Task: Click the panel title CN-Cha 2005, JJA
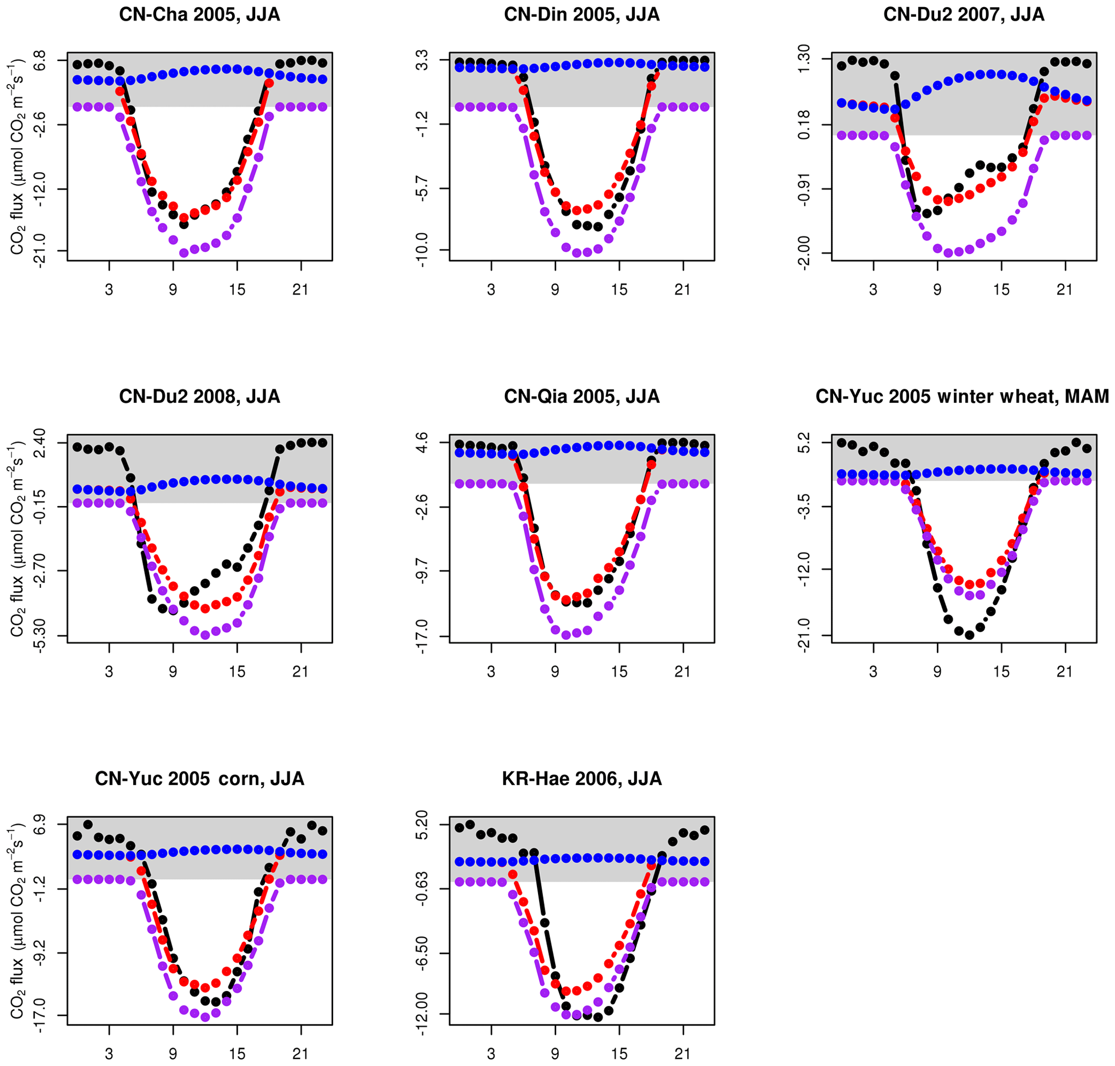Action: pos(199,15)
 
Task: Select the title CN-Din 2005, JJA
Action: pos(582,15)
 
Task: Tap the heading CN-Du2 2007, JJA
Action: pos(964,15)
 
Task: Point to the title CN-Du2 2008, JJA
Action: pos(199,397)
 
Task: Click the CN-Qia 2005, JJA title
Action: pos(582,397)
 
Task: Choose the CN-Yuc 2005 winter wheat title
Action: pos(962,397)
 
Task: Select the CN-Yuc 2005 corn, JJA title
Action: pos(199,779)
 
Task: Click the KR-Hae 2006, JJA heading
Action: pos(582,779)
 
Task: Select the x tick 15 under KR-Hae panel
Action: pos(619,1053)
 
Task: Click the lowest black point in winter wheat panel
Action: pos(969,635)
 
